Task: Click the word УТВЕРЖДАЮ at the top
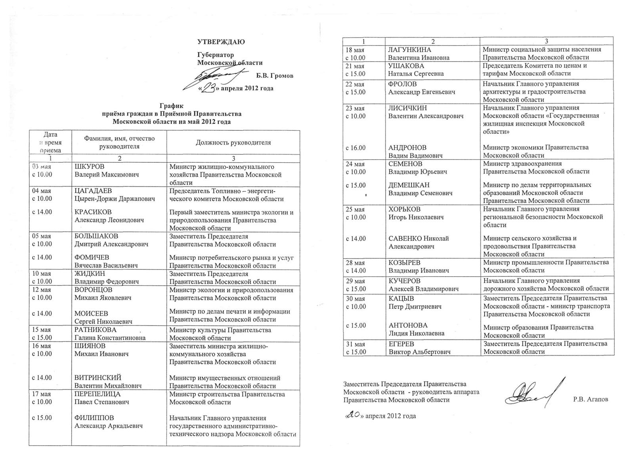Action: click(221, 42)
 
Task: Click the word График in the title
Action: click(172, 106)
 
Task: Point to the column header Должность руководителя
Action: click(233, 142)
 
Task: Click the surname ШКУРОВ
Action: click(90, 167)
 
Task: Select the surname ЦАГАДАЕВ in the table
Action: click(93, 191)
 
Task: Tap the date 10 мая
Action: click(42, 273)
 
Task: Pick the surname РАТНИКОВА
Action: click(95, 330)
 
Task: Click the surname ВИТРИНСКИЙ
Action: click(98, 377)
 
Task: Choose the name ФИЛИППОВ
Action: click(94, 417)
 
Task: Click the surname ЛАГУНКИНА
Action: click(410, 50)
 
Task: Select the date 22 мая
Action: click(355, 84)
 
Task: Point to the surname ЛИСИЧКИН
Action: click(407, 108)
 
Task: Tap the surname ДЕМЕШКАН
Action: click(409, 185)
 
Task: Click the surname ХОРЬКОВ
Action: click(404, 209)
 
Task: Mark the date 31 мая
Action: click(355, 344)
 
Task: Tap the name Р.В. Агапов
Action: click(590, 399)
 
